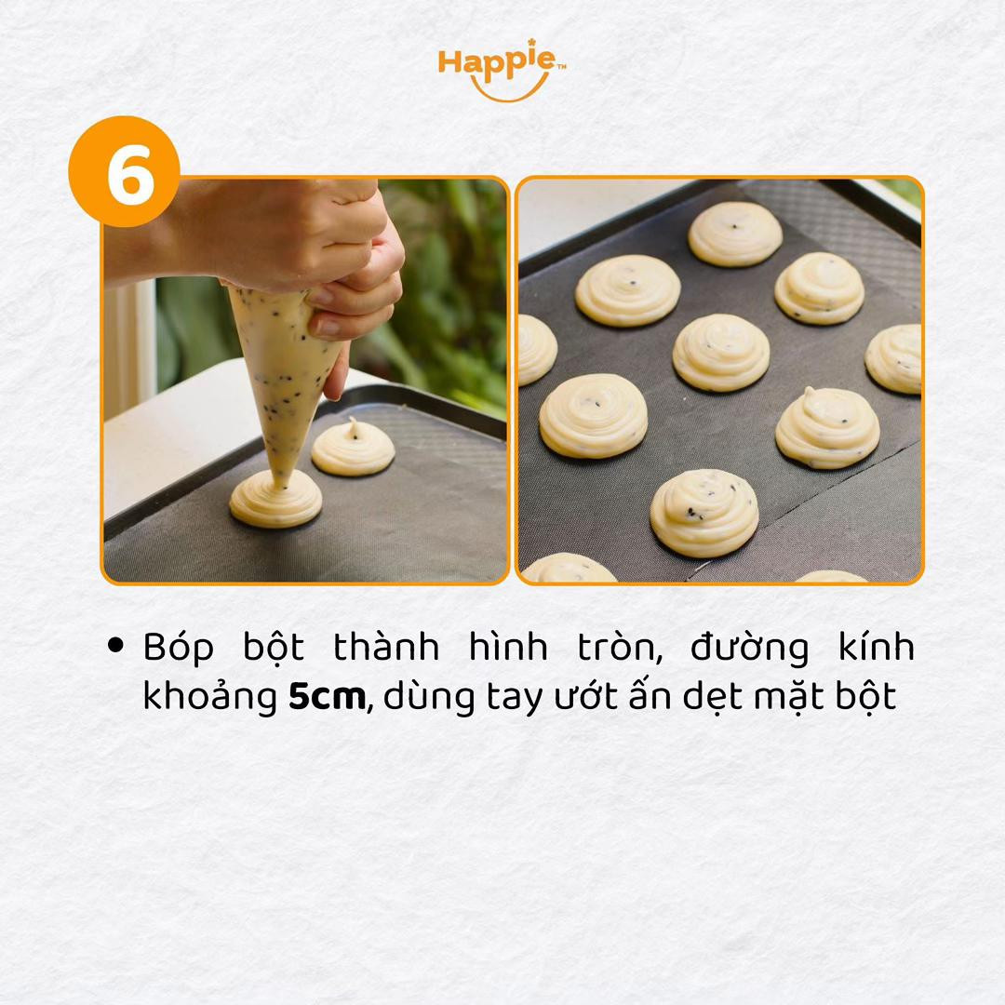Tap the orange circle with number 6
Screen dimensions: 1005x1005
click(x=124, y=171)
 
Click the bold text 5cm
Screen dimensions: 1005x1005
click(x=327, y=698)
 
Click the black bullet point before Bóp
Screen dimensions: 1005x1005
click(x=116, y=646)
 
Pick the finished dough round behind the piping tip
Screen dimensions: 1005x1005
click(x=353, y=449)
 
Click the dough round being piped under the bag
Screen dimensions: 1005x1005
click(x=275, y=502)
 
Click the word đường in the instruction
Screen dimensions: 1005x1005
click(x=749, y=648)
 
